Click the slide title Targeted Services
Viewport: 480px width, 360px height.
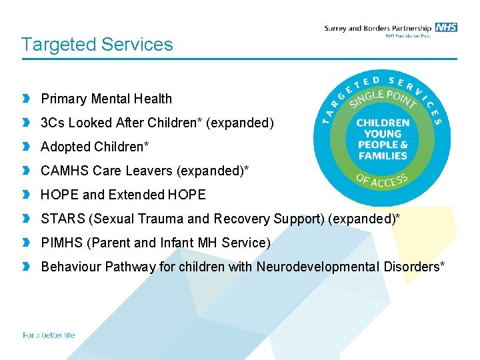(x=97, y=45)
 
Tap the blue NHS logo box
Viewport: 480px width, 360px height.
(x=446, y=27)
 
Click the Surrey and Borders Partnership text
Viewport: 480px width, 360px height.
(x=377, y=28)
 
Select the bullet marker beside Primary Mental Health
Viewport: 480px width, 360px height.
(x=26, y=99)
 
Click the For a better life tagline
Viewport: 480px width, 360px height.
(x=49, y=335)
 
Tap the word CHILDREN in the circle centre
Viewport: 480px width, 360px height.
(x=383, y=123)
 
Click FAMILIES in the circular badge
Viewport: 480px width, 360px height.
(x=383, y=156)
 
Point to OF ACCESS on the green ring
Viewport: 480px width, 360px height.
(x=382, y=179)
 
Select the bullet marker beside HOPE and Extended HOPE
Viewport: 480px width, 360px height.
(x=26, y=195)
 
